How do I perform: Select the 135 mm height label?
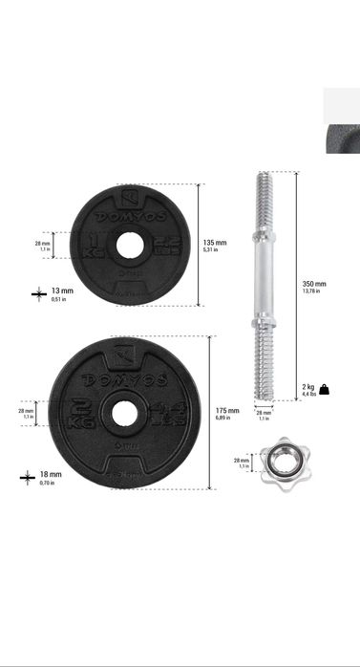tap(215, 245)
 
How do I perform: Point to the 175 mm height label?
tap(226, 412)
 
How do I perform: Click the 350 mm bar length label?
tap(313, 286)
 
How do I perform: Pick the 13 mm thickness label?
tap(61, 292)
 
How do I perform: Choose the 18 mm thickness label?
tap(50, 476)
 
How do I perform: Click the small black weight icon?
tap(325, 389)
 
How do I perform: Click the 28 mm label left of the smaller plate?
tap(42, 246)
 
